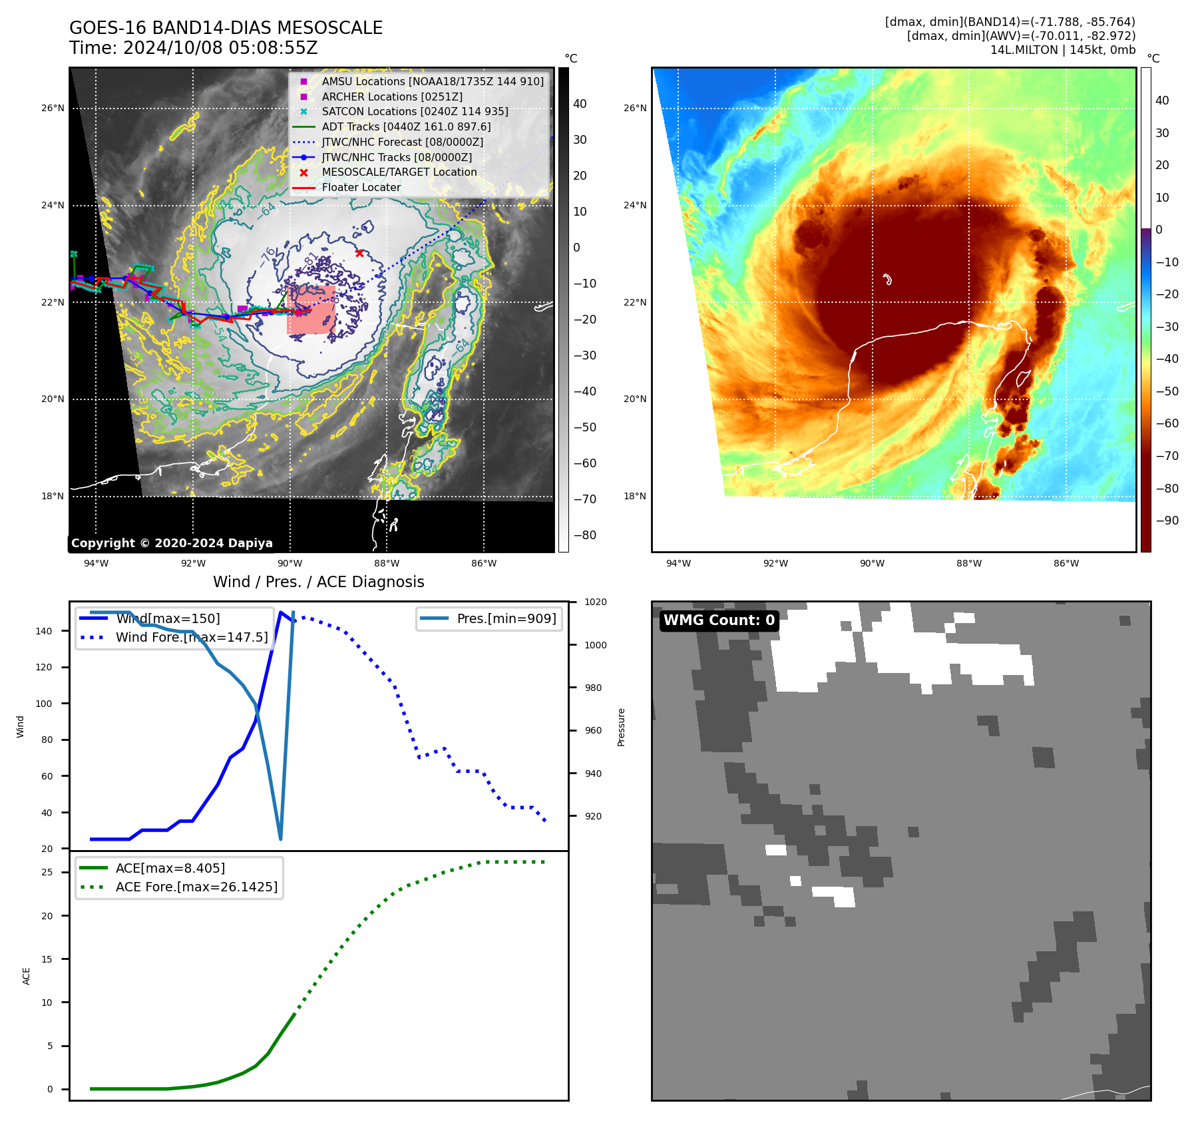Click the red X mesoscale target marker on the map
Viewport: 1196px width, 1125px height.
(x=359, y=253)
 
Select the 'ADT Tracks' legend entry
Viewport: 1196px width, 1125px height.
(x=406, y=126)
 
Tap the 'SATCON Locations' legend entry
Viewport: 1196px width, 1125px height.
(x=415, y=111)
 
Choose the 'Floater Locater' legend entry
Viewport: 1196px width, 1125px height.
(x=361, y=187)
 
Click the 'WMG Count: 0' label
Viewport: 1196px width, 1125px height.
(x=719, y=620)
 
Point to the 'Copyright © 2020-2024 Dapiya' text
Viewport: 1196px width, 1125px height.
(x=172, y=543)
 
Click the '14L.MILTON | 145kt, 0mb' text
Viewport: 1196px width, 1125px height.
(x=1062, y=50)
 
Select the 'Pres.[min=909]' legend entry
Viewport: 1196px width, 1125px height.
(x=506, y=618)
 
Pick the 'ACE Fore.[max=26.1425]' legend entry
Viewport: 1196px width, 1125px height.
(x=196, y=887)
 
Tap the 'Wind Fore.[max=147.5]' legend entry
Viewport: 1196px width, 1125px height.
(x=192, y=637)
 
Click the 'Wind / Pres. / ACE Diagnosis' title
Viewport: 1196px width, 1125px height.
(x=318, y=582)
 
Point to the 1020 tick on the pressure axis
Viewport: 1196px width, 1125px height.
(x=595, y=602)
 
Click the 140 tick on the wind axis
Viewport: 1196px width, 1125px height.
(x=44, y=631)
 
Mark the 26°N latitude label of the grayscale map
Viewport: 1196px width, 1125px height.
(x=53, y=108)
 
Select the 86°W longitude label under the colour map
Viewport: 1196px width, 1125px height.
(x=1066, y=563)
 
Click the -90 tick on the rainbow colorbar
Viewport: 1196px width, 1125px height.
(x=1167, y=521)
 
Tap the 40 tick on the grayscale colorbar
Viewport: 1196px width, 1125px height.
(x=580, y=104)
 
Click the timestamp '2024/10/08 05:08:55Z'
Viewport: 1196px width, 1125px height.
(x=220, y=48)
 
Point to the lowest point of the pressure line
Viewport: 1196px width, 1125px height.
(x=280, y=839)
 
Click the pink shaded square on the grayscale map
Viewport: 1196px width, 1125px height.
(x=311, y=310)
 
